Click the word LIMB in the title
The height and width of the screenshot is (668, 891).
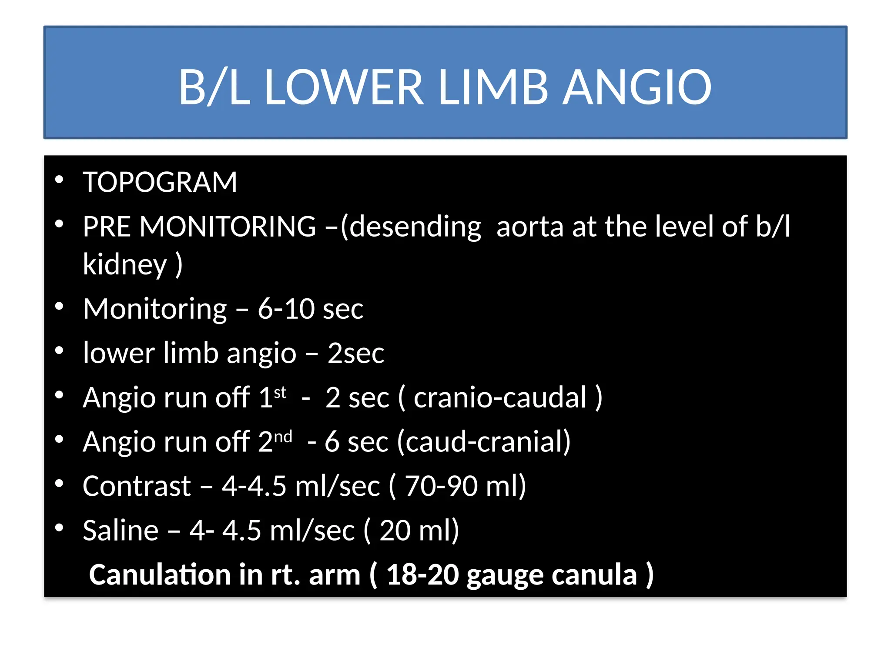pyautogui.click(x=493, y=87)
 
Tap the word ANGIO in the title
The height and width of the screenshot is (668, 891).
pyautogui.click(x=637, y=87)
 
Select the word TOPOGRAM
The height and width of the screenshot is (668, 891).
pyautogui.click(x=160, y=182)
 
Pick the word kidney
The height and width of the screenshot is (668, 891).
pyautogui.click(x=125, y=265)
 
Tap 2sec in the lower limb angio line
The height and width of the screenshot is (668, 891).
pyautogui.click(x=356, y=353)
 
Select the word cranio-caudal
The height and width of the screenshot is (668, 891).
pyautogui.click(x=500, y=397)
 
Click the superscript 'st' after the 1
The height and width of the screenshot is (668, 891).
pyautogui.click(x=280, y=392)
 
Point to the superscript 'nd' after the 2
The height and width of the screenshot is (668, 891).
pyautogui.click(x=283, y=436)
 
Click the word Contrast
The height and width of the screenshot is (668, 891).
pyautogui.click(x=137, y=486)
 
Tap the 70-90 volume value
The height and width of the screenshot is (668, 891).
pyautogui.click(x=441, y=486)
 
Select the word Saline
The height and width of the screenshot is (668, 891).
pyautogui.click(x=121, y=531)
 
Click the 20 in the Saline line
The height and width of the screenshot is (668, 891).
pyautogui.click(x=395, y=531)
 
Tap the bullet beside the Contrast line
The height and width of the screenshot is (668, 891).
pyautogui.click(x=60, y=483)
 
